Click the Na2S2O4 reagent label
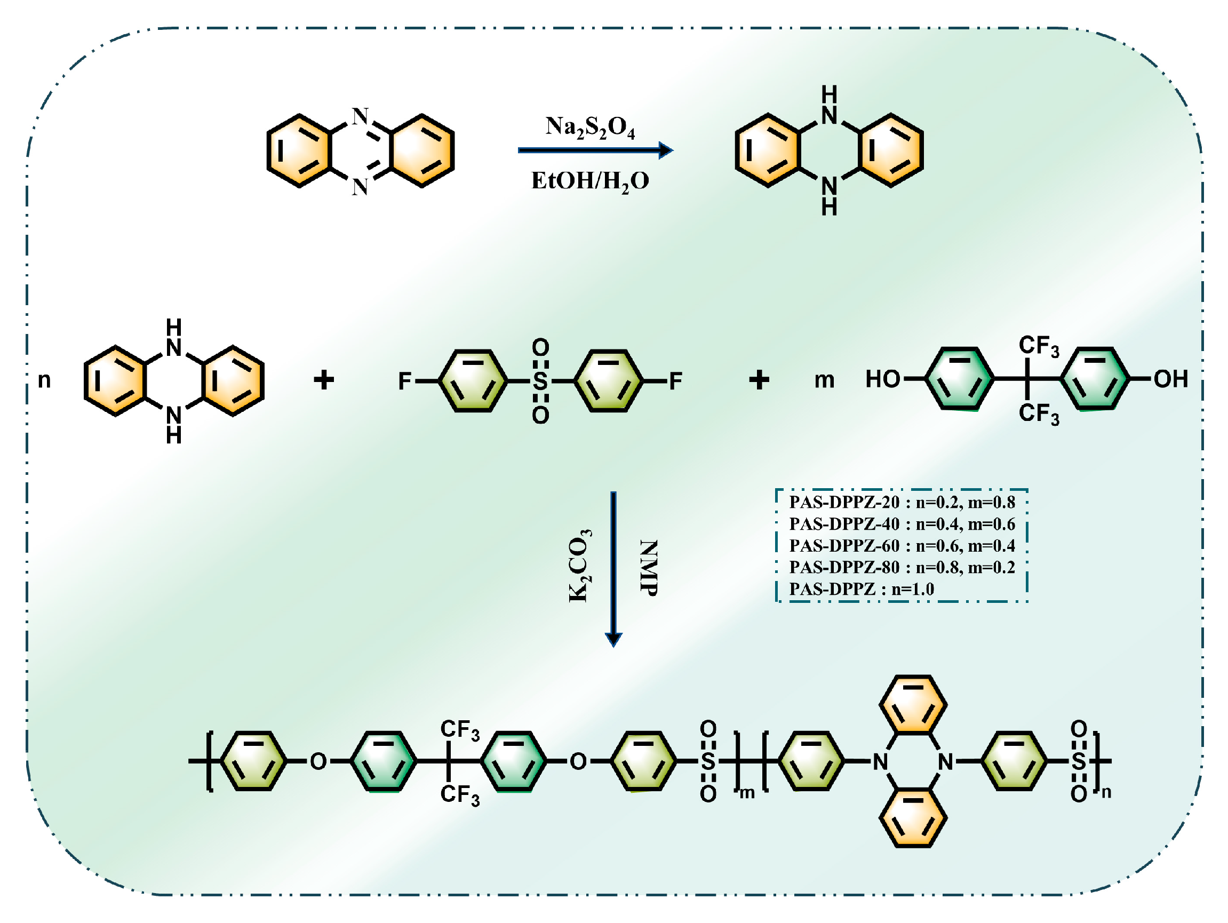click(x=589, y=127)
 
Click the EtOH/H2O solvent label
click(x=589, y=181)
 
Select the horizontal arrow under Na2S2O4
click(x=594, y=150)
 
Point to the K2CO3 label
click(x=579, y=566)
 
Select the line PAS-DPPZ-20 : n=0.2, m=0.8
click(x=902, y=503)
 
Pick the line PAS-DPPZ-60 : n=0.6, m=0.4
click(x=902, y=546)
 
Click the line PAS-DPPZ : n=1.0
click(x=861, y=589)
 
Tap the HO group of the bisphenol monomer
click(x=882, y=379)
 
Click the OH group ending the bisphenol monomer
click(x=1170, y=379)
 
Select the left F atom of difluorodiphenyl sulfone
click(x=405, y=381)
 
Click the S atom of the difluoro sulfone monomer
click(x=540, y=381)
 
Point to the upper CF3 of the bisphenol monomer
click(x=1038, y=346)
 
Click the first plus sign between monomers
click(x=324, y=380)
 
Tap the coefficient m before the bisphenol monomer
click(x=824, y=380)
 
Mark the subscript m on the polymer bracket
click(x=747, y=793)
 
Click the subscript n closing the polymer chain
click(x=1106, y=792)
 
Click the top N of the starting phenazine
click(x=360, y=116)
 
